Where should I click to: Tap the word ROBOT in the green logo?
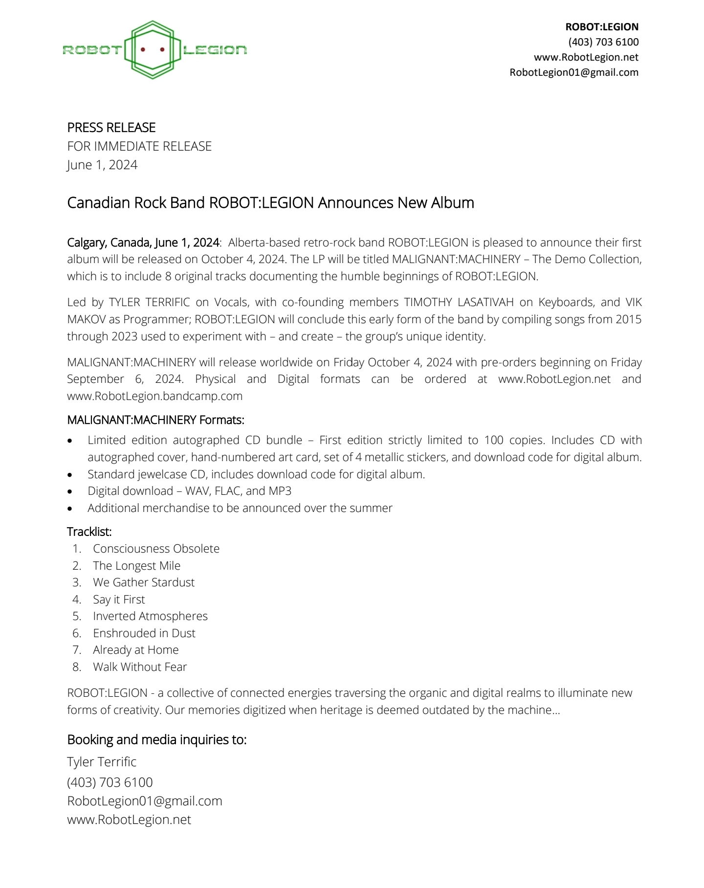[x=91, y=50]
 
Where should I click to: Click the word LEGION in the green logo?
[x=215, y=50]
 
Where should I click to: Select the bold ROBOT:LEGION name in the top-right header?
[x=602, y=27]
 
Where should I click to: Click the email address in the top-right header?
[x=574, y=72]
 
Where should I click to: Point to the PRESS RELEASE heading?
[x=111, y=128]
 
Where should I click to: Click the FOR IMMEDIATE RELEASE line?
[x=139, y=146]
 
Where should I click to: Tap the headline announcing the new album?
[x=270, y=202]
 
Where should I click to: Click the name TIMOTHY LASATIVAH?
[x=459, y=302]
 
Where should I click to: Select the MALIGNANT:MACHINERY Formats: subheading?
[x=155, y=420]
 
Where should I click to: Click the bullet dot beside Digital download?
[x=70, y=491]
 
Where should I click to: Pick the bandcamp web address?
[x=154, y=396]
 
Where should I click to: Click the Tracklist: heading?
[x=89, y=532]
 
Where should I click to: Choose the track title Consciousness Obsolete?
[x=156, y=549]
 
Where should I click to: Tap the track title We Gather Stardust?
[x=144, y=582]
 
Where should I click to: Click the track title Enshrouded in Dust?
[x=144, y=633]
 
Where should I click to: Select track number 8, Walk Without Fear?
[x=140, y=667]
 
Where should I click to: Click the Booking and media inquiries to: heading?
[x=156, y=740]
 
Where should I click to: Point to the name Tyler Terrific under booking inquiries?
[x=102, y=762]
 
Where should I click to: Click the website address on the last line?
[x=129, y=820]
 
